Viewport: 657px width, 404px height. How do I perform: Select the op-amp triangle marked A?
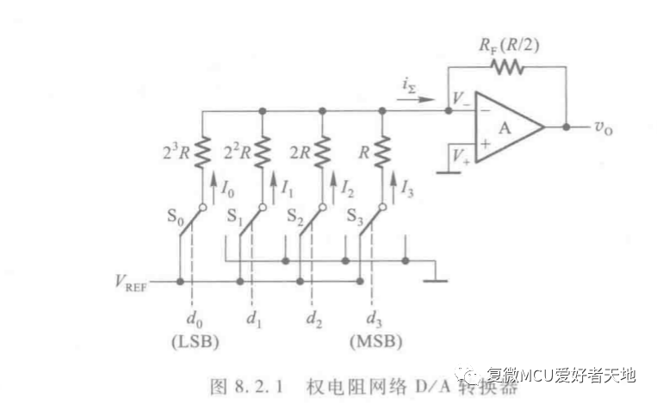(505, 127)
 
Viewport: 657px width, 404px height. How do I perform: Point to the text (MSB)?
(374, 340)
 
